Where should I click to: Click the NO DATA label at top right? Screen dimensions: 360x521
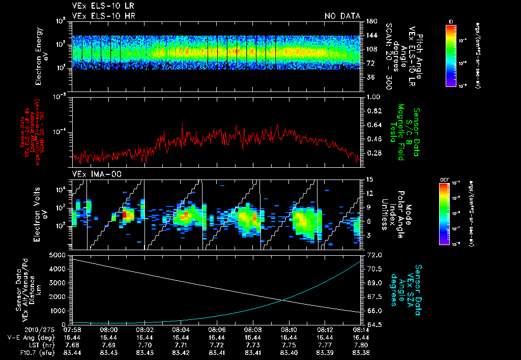[342, 16]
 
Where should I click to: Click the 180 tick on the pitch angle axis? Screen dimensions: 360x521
[370, 21]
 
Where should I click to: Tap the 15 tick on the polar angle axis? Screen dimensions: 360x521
[369, 179]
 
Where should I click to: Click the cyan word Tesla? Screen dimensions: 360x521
[393, 133]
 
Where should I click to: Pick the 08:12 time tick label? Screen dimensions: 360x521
[325, 330]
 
